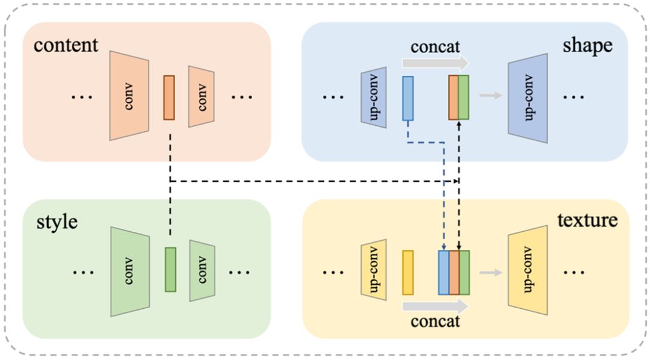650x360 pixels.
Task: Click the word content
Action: tap(66, 45)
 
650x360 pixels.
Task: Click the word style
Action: tap(57, 222)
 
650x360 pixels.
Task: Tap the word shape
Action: tap(587, 46)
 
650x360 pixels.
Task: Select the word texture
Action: tap(587, 220)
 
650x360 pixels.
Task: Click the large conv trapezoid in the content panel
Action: tap(129, 96)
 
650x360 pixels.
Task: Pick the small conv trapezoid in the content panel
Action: tap(202, 96)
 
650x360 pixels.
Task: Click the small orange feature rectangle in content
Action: tap(169, 98)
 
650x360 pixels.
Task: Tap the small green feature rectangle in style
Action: tap(170, 270)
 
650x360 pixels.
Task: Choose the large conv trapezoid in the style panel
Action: tap(130, 272)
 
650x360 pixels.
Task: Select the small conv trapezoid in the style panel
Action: tap(202, 270)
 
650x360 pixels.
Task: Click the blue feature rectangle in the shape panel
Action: tap(408, 98)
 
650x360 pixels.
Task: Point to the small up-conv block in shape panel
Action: tap(374, 98)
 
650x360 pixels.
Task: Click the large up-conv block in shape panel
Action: tap(528, 98)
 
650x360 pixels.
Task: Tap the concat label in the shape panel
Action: tap(435, 46)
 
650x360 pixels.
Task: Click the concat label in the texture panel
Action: tap(435, 321)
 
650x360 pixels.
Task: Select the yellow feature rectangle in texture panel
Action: tap(408, 273)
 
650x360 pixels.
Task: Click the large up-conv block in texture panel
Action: tap(528, 270)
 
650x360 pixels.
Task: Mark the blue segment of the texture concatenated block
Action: tap(444, 273)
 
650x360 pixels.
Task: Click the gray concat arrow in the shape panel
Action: tap(435, 63)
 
